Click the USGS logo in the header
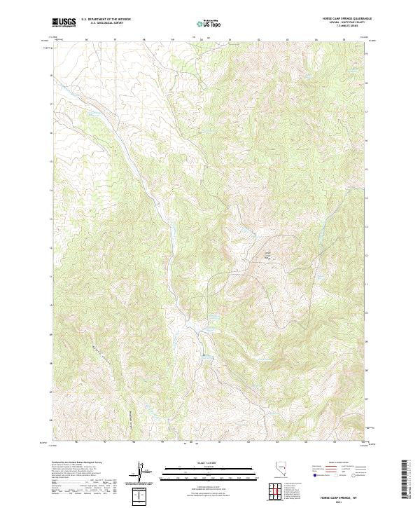point(64,22)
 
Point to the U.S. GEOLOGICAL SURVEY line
point(105,23)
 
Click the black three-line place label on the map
point(267,255)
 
